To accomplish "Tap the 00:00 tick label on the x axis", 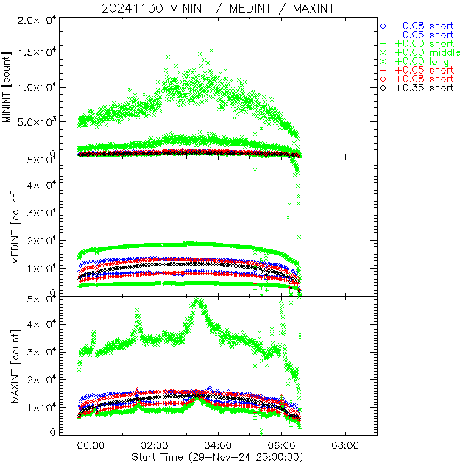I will point(91,445).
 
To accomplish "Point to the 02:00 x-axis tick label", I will point(155,445).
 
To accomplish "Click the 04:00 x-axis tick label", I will point(218,445).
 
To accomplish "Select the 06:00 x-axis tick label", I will point(282,445).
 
